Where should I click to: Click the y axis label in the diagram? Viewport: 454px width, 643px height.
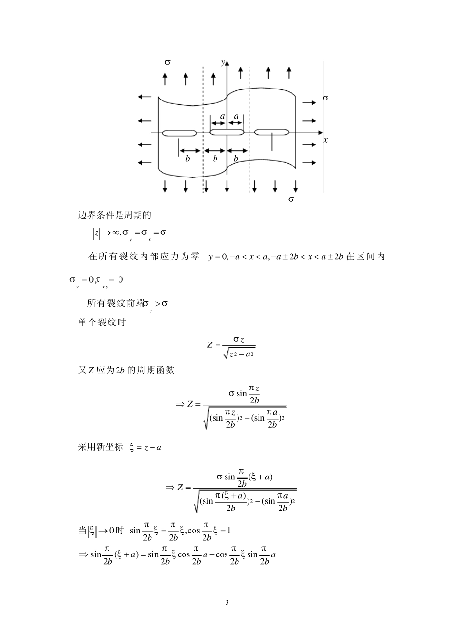point(222,63)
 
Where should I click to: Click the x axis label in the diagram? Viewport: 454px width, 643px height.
point(325,140)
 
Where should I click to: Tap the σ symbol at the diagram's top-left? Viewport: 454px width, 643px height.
point(167,62)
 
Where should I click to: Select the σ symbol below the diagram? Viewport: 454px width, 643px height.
point(291,199)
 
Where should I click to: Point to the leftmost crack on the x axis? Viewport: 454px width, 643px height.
point(180,133)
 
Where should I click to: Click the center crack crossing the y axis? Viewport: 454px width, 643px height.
point(227,132)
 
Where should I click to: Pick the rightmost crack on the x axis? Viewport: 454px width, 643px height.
point(271,132)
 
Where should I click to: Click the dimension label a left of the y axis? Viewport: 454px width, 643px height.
point(222,116)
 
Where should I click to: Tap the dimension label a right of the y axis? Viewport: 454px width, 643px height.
point(236,116)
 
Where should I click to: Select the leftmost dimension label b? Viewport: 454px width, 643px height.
point(188,159)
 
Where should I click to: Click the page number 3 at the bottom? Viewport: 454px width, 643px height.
point(227,602)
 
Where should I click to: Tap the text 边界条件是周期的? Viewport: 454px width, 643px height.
point(114,215)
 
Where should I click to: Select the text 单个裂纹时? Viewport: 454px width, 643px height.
point(102,322)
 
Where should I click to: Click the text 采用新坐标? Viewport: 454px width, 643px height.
point(100,448)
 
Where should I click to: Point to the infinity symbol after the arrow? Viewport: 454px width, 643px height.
point(114,233)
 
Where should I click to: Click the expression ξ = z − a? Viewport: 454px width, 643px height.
point(145,448)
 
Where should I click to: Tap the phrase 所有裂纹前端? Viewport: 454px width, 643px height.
point(116,303)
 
